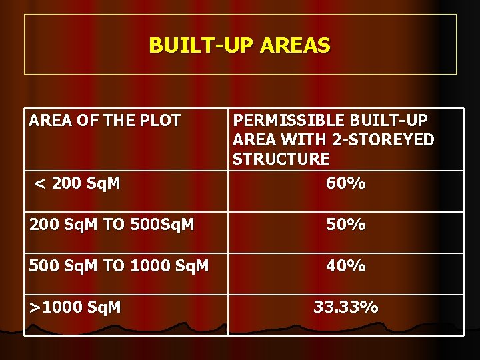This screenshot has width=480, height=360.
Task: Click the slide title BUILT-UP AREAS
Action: (239, 45)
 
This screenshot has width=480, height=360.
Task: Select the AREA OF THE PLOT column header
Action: (105, 121)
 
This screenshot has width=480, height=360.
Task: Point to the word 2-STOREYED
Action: (393, 140)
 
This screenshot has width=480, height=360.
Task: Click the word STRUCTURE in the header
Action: (281, 159)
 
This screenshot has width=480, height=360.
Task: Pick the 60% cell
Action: (345, 183)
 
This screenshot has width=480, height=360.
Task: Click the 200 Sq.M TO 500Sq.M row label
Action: (111, 225)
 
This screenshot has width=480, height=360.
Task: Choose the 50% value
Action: (345, 225)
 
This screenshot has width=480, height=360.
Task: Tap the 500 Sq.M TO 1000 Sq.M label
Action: (119, 266)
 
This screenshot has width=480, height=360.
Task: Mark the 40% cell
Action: (345, 266)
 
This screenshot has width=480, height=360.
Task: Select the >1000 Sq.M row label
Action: (75, 307)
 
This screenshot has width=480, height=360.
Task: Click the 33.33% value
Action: (345, 307)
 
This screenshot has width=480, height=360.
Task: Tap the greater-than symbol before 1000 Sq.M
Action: (35, 307)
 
